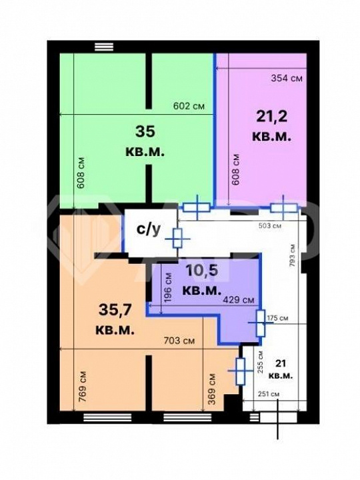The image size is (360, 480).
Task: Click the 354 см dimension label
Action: point(287,79)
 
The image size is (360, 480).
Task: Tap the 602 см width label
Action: point(189,106)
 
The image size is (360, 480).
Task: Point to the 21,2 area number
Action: point(272,117)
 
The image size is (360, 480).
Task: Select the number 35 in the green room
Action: point(145,131)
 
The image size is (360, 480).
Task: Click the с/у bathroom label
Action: point(149,229)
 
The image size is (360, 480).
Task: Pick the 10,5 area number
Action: point(202,270)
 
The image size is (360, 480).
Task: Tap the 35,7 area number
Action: point(115,310)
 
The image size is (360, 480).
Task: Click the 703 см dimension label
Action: point(179,341)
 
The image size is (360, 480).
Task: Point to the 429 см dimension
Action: point(239,300)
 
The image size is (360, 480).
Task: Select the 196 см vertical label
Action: point(168,287)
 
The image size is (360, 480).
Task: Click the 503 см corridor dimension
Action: point(270,226)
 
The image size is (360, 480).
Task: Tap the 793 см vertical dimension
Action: point(293,255)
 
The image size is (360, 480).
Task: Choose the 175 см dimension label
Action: point(277,318)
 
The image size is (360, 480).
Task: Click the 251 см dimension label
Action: point(269,394)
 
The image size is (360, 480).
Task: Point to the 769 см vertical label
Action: point(82,387)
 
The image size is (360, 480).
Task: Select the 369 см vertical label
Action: point(211,389)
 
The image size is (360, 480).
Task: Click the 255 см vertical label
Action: point(261,361)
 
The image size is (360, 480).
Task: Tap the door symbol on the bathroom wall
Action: point(178,238)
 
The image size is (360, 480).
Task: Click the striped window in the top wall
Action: point(104,47)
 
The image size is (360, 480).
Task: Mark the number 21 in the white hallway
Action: point(281,363)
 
